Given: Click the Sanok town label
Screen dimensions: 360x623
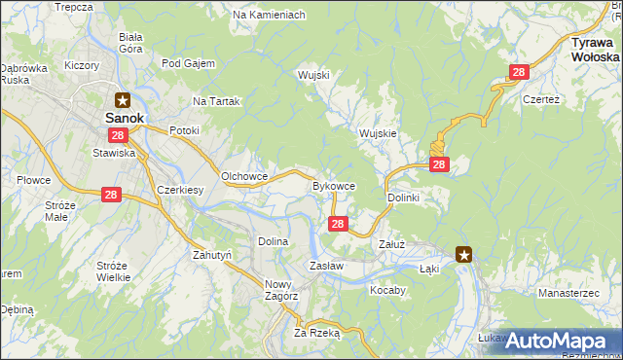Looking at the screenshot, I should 124,118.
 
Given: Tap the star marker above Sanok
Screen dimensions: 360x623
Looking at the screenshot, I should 124,98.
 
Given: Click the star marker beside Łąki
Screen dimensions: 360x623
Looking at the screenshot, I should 464,256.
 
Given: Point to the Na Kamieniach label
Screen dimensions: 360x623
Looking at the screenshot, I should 270,16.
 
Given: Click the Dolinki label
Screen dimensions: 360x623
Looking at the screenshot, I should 403,198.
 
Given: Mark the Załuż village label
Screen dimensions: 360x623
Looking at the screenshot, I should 391,245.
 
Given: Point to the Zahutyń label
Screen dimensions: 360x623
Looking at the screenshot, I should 211,254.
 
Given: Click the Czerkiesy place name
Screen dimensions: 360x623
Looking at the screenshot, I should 179,191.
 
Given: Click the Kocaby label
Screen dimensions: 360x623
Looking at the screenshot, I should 387,290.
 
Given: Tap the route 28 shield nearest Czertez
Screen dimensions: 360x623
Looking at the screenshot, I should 519,72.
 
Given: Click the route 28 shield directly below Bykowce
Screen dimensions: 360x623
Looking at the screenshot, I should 337,225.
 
